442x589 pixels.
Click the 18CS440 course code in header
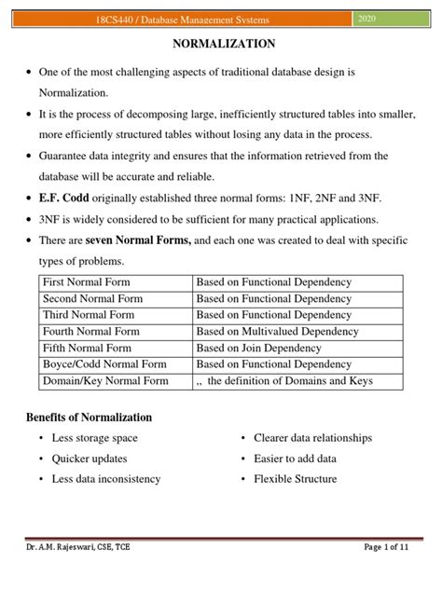coord(124,20)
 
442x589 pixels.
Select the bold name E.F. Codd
coord(64,199)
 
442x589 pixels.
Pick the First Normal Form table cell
coord(87,281)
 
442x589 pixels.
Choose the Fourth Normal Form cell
coord(90,331)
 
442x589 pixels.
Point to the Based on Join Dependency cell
coord(260,348)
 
